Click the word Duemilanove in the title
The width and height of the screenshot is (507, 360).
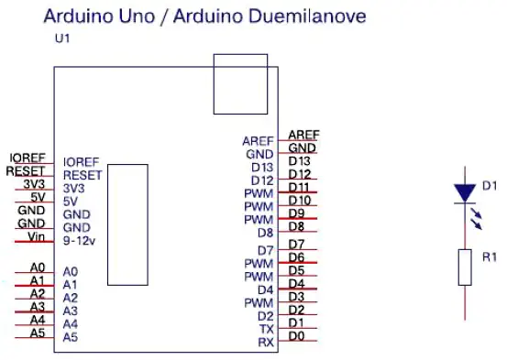(309, 16)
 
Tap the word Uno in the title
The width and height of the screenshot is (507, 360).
(137, 16)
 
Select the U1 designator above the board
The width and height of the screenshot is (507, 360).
(62, 38)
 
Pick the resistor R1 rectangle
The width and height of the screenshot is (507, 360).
(465, 267)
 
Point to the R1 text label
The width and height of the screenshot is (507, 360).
(490, 257)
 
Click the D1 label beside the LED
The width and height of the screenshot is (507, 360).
(490, 186)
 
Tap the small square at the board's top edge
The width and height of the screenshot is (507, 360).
(240, 54)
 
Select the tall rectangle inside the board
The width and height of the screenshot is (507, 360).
(107, 225)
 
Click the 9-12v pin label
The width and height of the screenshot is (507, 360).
(79, 241)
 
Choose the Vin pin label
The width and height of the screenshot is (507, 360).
(37, 236)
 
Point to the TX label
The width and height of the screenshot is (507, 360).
(267, 329)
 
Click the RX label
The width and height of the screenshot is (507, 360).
(266, 343)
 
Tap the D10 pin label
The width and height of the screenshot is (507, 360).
(300, 201)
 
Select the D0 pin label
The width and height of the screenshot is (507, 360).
(296, 336)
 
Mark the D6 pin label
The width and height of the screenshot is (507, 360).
(296, 257)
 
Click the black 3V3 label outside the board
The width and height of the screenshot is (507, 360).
(34, 184)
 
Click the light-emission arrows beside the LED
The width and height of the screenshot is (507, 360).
(476, 219)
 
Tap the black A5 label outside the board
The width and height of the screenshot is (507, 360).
(38, 333)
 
